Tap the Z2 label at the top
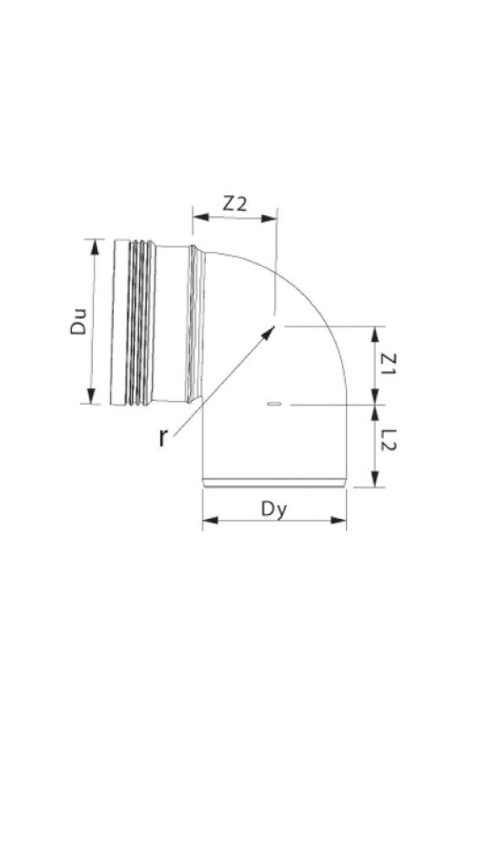(x=235, y=203)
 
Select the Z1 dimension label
(x=389, y=364)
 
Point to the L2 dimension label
(x=389, y=441)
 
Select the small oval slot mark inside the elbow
(x=273, y=406)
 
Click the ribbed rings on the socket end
(x=140, y=322)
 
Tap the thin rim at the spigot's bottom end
(x=274, y=484)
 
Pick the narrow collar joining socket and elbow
(x=197, y=322)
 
